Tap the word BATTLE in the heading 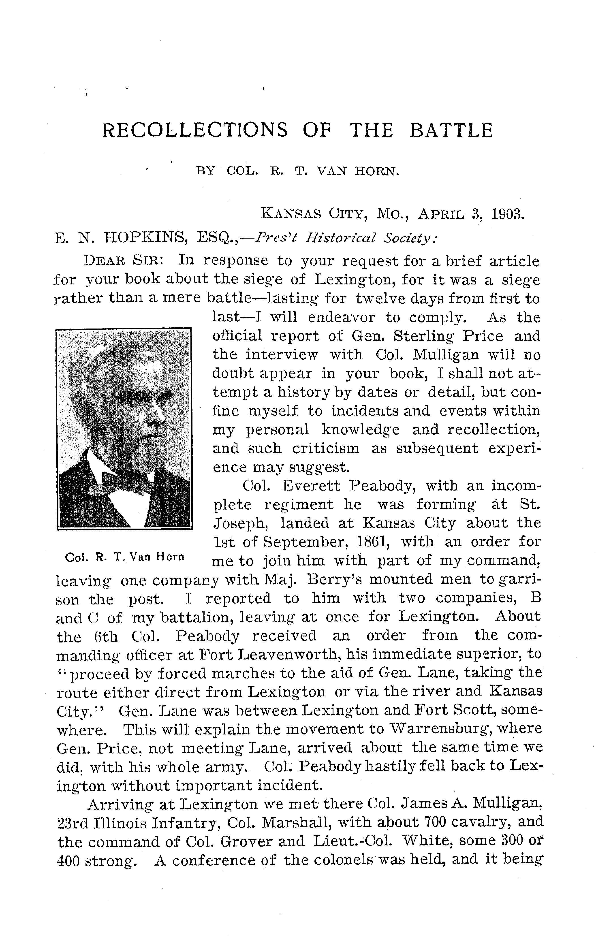(x=451, y=131)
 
